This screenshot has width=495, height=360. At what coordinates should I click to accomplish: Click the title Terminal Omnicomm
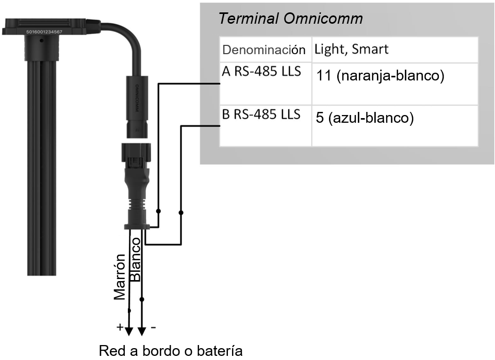[x=290, y=19]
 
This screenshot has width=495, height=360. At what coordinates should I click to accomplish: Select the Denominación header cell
[x=260, y=50]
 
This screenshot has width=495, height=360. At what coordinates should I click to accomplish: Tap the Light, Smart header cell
[x=351, y=50]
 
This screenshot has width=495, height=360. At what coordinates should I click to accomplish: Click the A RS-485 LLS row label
[x=261, y=71]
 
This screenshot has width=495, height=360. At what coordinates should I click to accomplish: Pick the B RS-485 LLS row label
[x=261, y=114]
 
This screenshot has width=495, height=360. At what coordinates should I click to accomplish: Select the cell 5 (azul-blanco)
[x=365, y=118]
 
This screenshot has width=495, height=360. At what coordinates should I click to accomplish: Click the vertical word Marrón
[x=120, y=277]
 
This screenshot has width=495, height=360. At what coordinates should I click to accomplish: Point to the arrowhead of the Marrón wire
[x=129, y=330]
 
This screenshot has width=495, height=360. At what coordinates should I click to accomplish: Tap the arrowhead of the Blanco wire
[x=142, y=330]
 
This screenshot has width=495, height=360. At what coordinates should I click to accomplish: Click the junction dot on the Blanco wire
[x=142, y=299]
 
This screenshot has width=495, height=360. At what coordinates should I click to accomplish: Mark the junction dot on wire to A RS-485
[x=159, y=212]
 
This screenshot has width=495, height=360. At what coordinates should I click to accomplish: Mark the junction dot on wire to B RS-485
[x=181, y=212]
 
